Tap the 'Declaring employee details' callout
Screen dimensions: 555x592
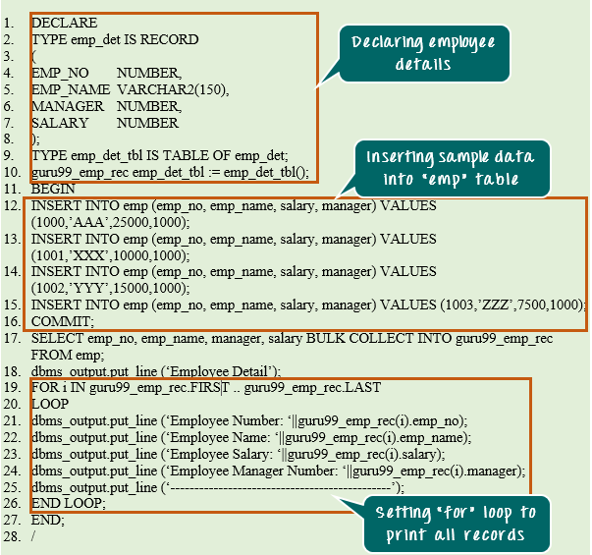(424, 53)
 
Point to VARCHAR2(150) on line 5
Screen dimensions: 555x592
(172, 89)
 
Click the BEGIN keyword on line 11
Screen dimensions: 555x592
(53, 189)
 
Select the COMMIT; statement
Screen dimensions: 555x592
(63, 321)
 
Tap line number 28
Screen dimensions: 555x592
(12, 536)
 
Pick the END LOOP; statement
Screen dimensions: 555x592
(68, 503)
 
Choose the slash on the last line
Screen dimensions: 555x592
(34, 536)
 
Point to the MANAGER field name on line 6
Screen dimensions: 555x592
(67, 106)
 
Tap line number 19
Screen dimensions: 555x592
(12, 387)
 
